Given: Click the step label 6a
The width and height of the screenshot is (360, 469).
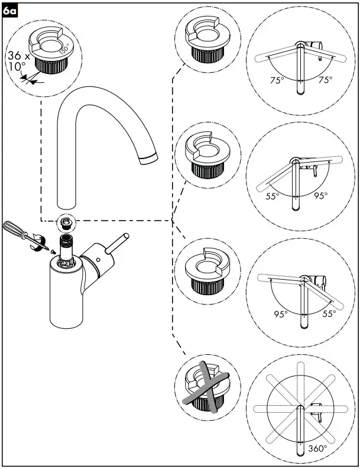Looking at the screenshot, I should click(x=10, y=11).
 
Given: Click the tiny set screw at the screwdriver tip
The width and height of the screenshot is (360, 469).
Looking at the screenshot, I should click(x=52, y=251).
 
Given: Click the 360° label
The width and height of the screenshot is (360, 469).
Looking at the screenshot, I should click(x=317, y=449).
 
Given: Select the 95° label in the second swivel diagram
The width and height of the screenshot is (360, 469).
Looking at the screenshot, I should click(x=320, y=196).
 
